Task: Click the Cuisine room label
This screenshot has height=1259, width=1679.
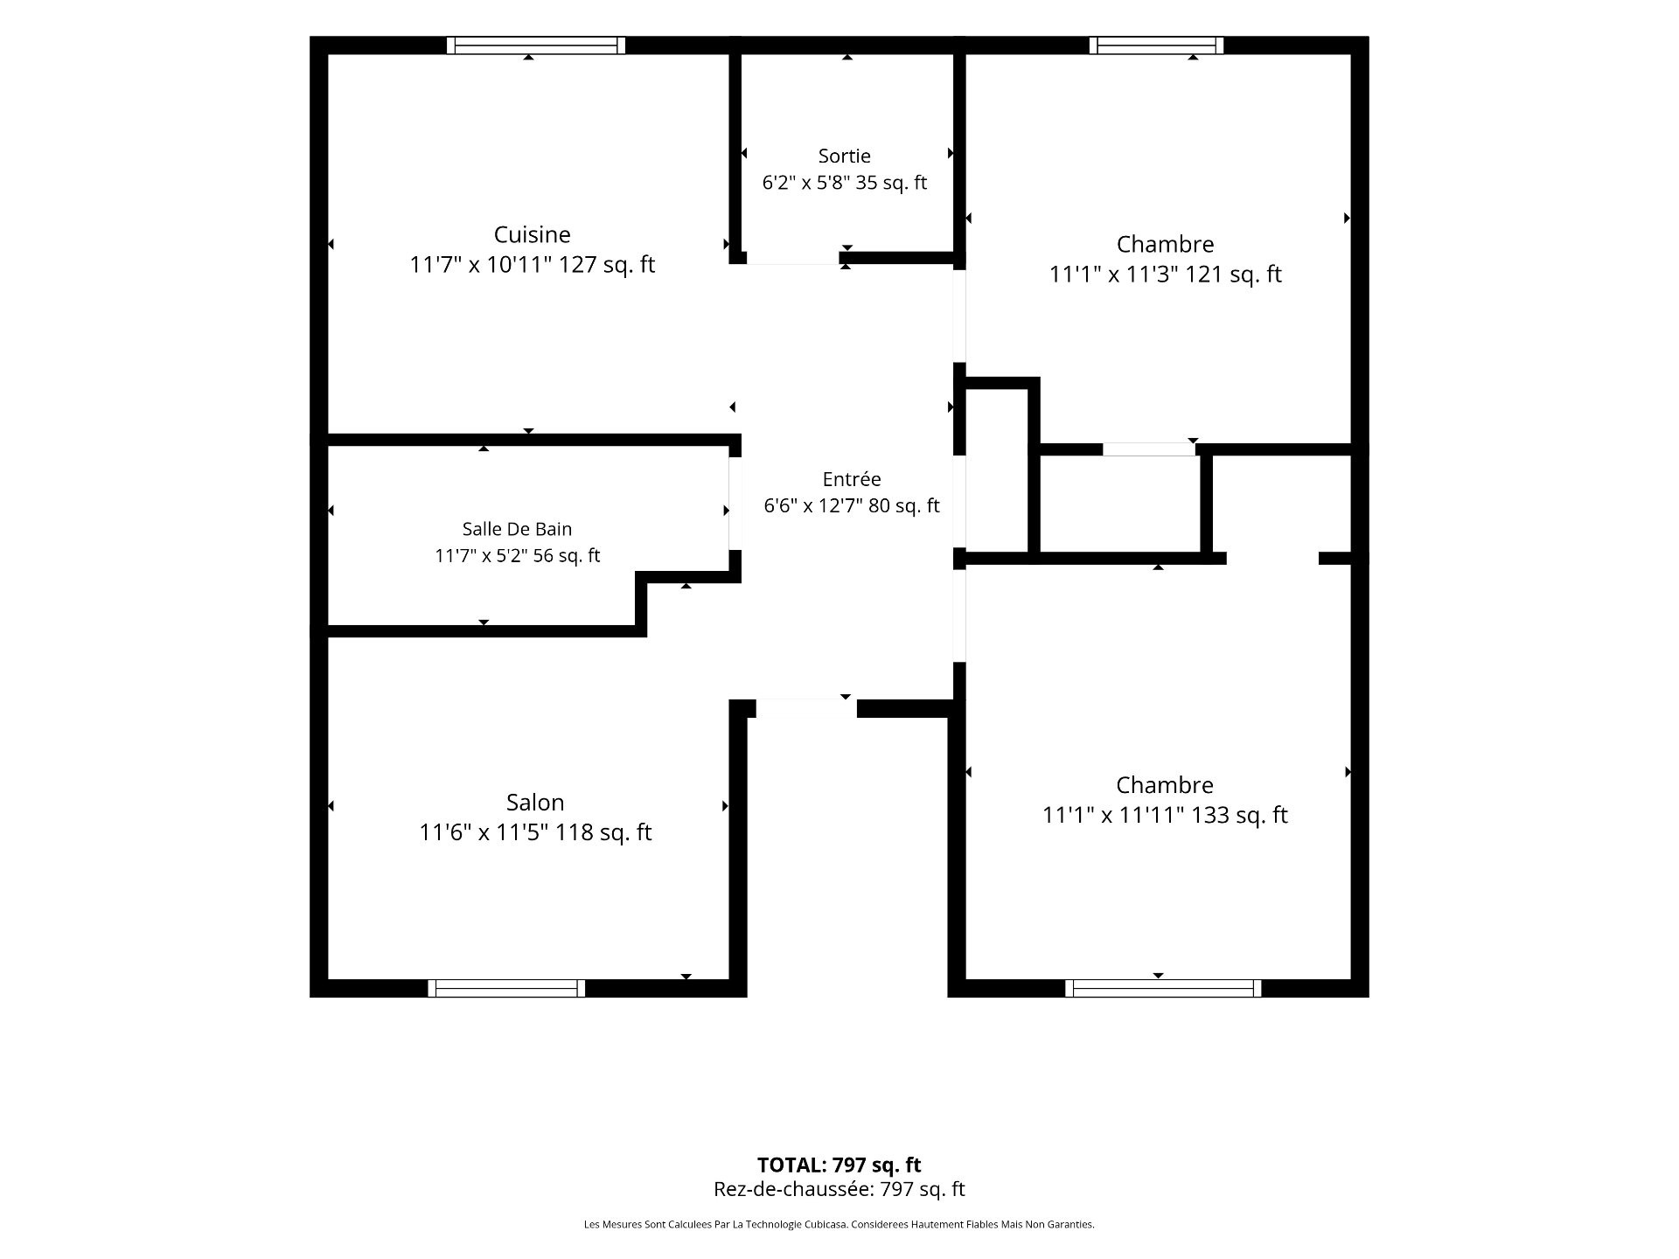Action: (x=532, y=234)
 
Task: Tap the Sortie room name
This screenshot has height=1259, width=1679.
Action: (x=844, y=156)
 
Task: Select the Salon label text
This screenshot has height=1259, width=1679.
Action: (x=535, y=802)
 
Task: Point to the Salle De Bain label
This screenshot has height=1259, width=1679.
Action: (x=517, y=529)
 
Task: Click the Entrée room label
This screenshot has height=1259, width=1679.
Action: (x=852, y=479)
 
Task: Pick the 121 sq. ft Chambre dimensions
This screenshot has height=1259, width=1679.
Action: (x=1165, y=274)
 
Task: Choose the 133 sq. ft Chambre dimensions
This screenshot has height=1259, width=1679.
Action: (x=1165, y=815)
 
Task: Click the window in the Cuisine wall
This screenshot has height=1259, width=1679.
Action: (x=536, y=45)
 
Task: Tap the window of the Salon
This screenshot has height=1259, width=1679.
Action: (x=506, y=988)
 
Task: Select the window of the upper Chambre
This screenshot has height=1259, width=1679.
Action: (x=1156, y=45)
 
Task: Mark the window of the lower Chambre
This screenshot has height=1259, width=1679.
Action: (x=1163, y=988)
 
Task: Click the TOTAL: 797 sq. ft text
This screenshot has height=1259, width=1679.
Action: (x=839, y=1165)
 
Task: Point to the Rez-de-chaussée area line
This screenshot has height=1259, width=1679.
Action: (x=839, y=1189)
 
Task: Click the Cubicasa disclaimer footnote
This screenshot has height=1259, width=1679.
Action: (x=839, y=1225)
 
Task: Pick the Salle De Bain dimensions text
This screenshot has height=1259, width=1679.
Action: (x=517, y=555)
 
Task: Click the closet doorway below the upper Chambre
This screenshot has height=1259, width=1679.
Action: (x=1148, y=449)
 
